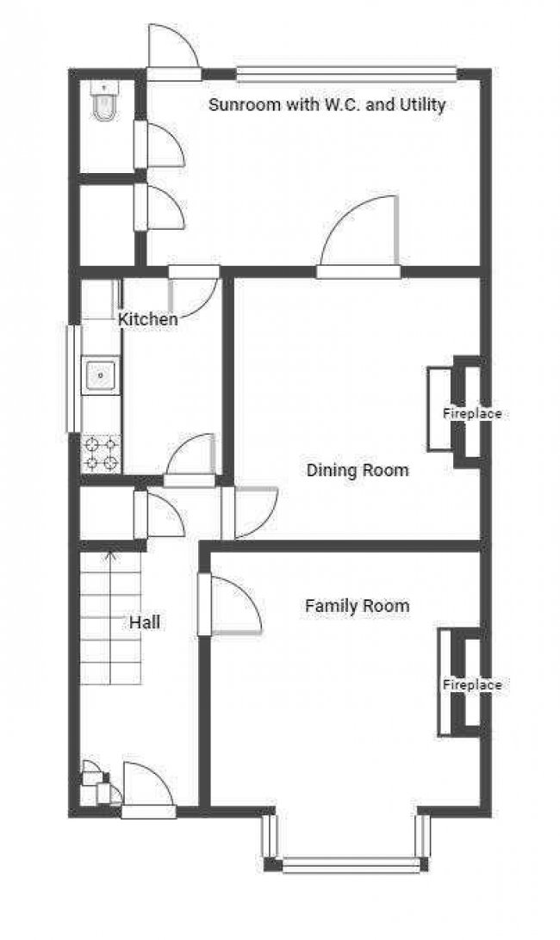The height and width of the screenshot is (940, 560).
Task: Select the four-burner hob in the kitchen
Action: coord(102,454)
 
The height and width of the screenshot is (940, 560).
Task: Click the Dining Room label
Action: coord(358,471)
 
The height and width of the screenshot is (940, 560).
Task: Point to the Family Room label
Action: coord(357,606)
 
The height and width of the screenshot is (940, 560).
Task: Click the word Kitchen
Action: coord(148,319)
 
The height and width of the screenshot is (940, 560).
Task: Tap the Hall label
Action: coord(145,622)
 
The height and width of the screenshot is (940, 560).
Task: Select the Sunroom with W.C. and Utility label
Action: coord(327,105)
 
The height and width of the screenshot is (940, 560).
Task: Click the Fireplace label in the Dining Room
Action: coord(472,414)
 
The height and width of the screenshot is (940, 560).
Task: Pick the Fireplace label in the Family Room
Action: coord(472,685)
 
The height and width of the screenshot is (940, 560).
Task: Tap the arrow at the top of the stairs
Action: coord(109,557)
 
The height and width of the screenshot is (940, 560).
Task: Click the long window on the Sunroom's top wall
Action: coord(346,74)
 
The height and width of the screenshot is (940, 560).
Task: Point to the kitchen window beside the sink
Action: coord(74,379)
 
